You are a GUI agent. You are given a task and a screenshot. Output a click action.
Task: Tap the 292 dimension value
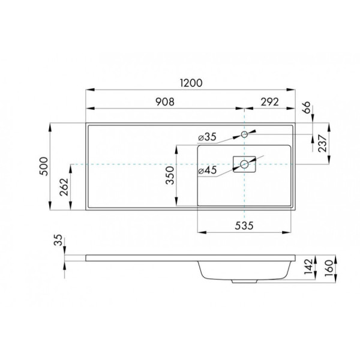pos(269,102)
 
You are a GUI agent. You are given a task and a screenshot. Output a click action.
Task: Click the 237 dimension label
pos(323,144)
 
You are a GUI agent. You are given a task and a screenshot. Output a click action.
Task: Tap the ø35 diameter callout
pos(208,137)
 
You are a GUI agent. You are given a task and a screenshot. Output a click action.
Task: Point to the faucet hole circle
pos(245,133)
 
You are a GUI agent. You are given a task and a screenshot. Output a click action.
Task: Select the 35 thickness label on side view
pos(58,241)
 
